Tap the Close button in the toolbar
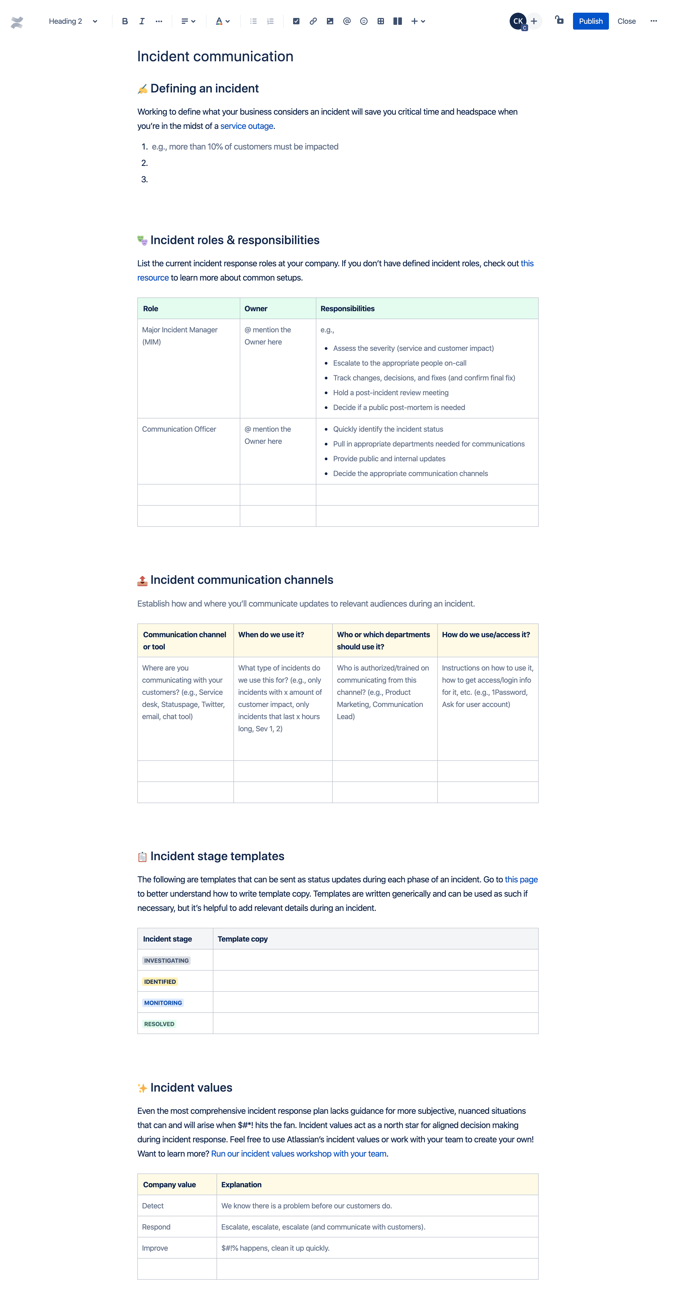click(x=626, y=21)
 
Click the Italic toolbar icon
click(x=142, y=21)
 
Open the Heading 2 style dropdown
click(x=72, y=21)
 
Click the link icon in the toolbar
click(x=313, y=21)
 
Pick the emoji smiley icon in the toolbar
click(x=363, y=21)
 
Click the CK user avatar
click(x=518, y=21)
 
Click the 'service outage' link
click(x=247, y=126)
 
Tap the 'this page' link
click(x=521, y=879)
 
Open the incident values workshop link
click(x=298, y=1153)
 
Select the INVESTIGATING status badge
click(x=166, y=960)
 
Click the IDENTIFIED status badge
click(x=159, y=982)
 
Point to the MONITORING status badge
click(x=162, y=1003)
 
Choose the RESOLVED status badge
click(x=159, y=1024)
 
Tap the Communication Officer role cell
click(x=179, y=429)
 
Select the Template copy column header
click(x=242, y=939)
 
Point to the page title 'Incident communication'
click(x=215, y=57)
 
